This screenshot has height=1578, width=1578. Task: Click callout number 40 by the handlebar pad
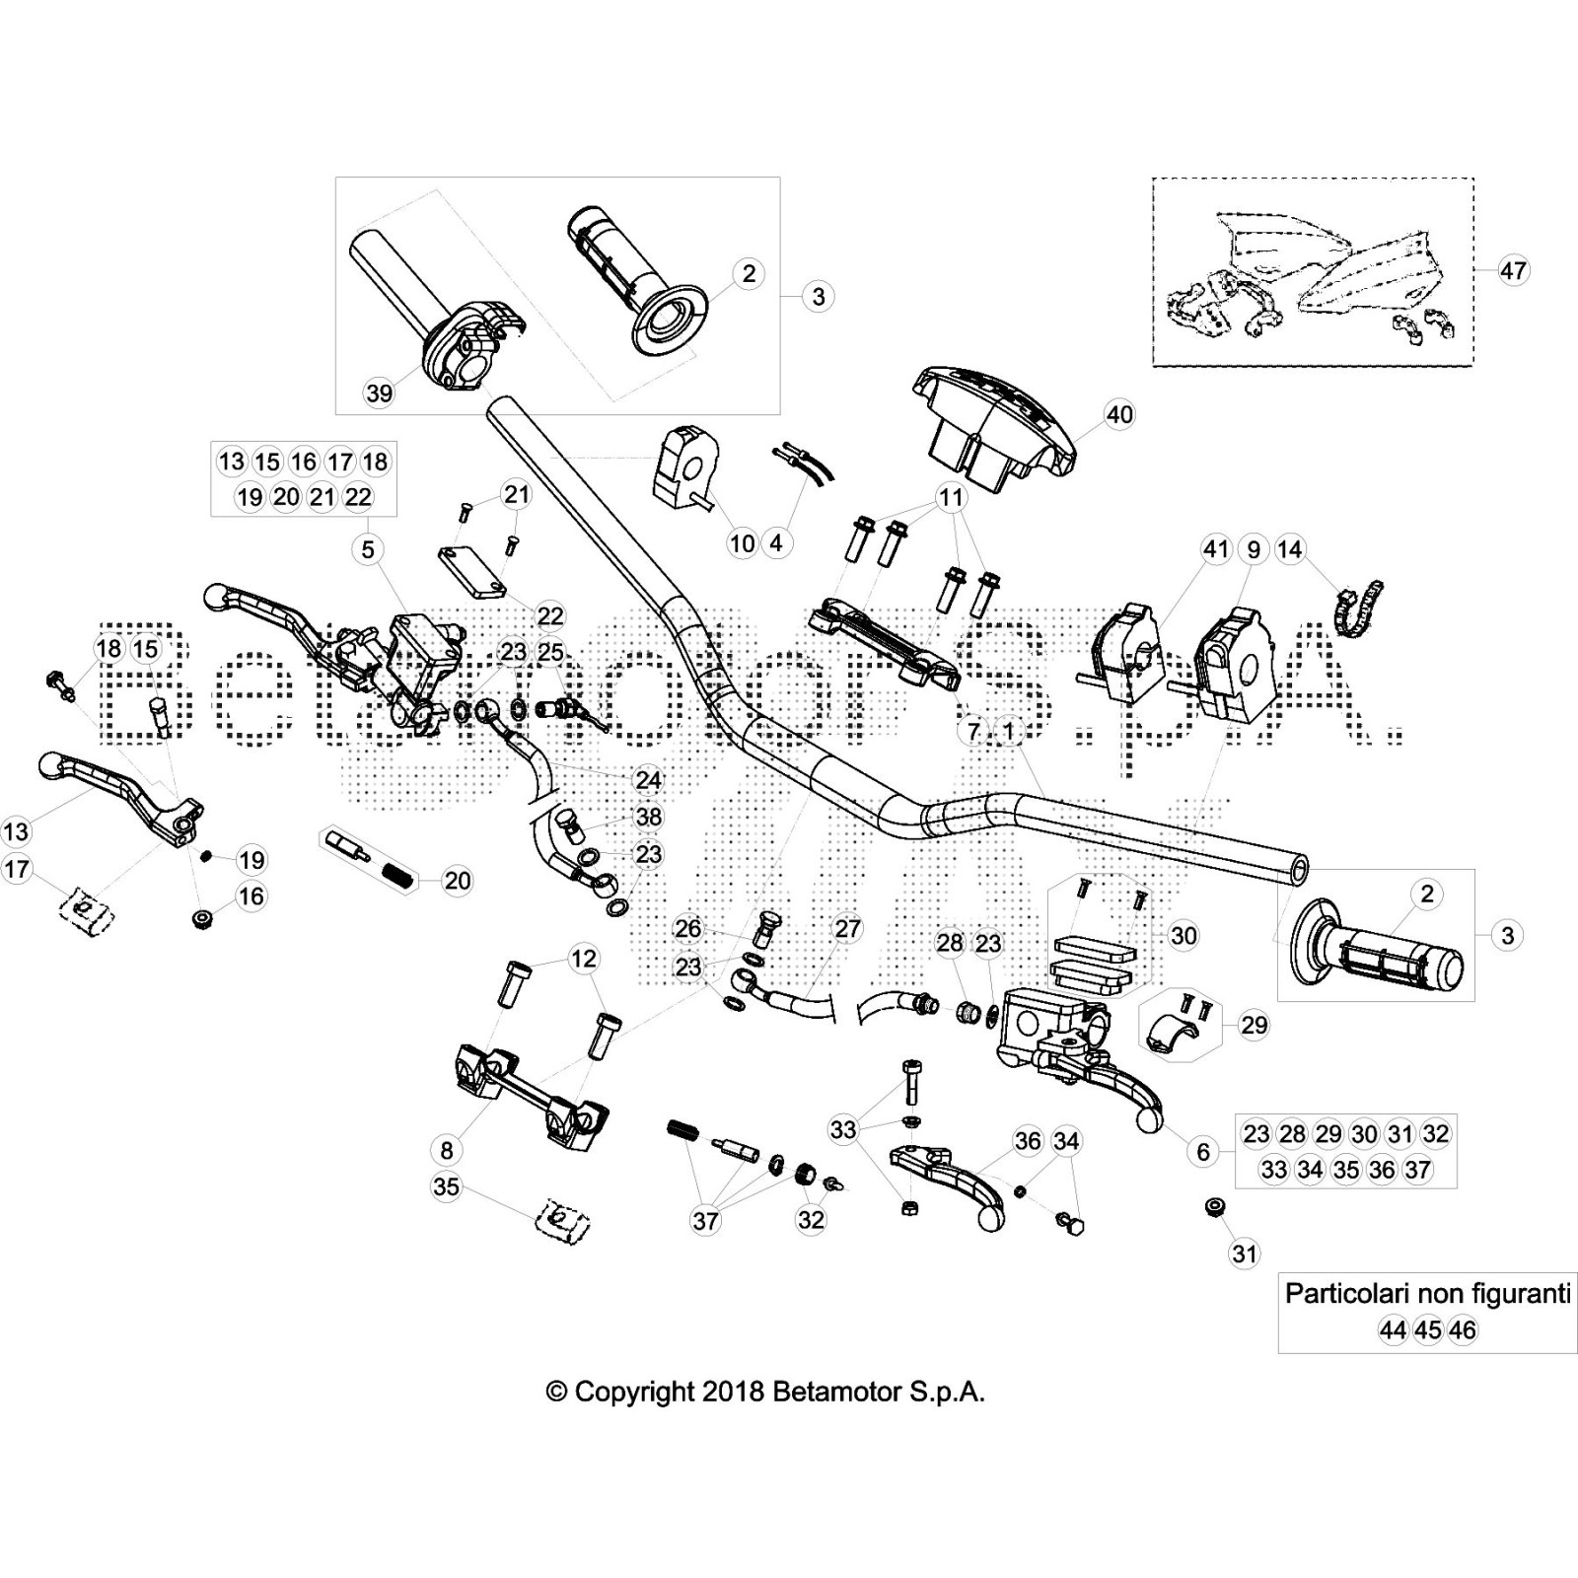1119,415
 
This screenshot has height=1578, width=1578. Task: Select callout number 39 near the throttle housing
379,394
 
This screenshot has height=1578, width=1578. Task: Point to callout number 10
742,542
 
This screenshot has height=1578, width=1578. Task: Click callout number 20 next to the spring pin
458,880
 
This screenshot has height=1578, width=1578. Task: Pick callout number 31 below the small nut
1245,1254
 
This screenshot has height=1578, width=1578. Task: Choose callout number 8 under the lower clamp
447,1150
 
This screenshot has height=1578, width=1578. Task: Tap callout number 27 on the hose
847,928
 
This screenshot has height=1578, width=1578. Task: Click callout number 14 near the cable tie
1289,549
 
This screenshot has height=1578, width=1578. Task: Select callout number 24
648,780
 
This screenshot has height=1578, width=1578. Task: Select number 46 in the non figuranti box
1463,1330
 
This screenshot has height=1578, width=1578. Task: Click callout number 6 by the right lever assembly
1202,1151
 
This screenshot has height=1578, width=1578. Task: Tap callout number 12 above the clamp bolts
583,958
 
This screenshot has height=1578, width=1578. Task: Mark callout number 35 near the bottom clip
446,1186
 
